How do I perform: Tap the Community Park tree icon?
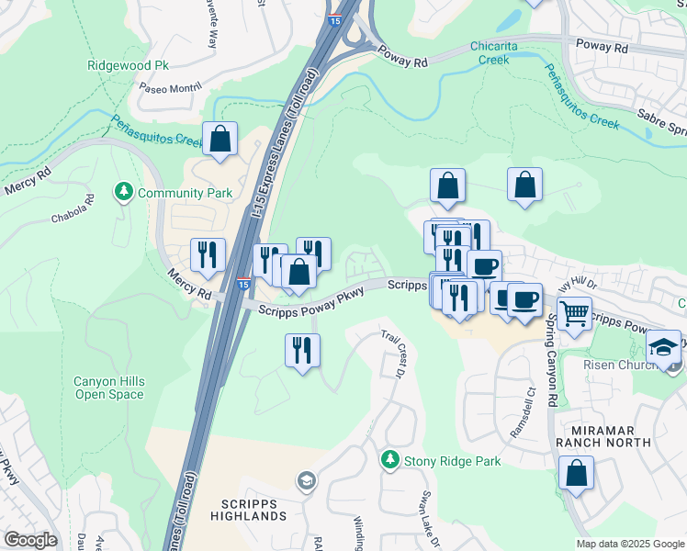pos(123,192)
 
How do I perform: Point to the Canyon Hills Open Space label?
pos(109,388)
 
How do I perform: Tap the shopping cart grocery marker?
pos(574,313)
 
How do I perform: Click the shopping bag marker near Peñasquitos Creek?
pos(220,140)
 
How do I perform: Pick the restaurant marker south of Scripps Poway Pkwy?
pos(302,350)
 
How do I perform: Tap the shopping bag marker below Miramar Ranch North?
pos(576,474)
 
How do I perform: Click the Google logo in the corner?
pos(30,540)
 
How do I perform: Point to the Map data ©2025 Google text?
pos(629,544)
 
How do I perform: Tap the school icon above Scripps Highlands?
pos(306,480)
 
